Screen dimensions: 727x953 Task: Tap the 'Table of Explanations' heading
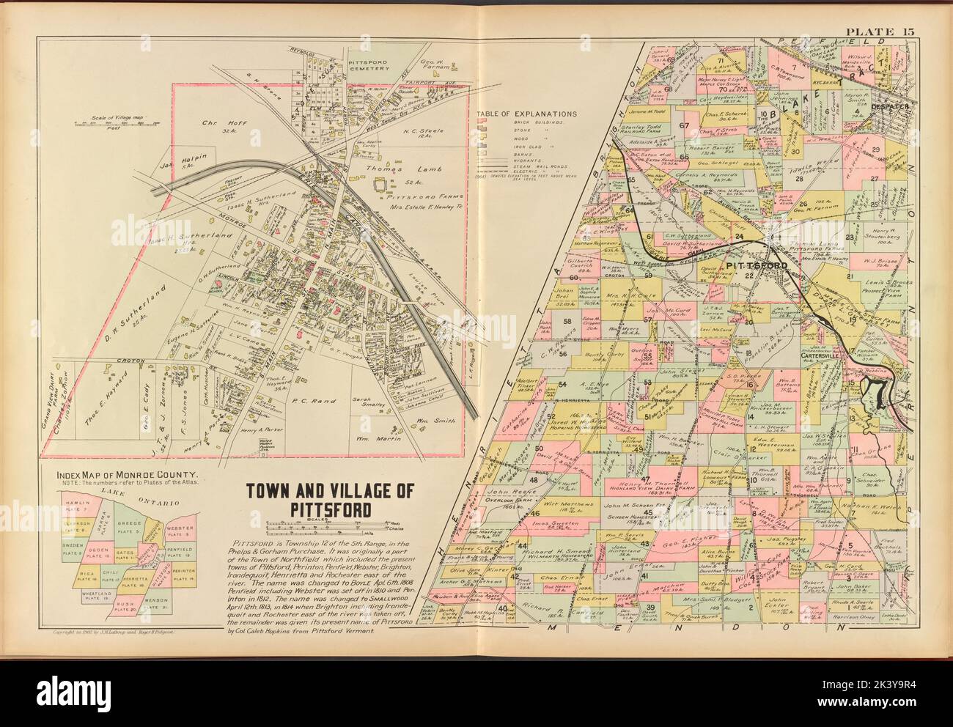click(526, 114)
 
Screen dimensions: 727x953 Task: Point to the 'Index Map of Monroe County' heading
click(132, 474)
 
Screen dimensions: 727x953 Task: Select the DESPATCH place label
click(889, 108)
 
